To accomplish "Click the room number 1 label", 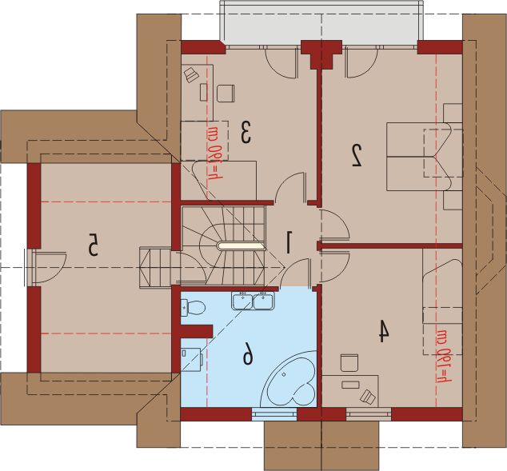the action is [289, 241].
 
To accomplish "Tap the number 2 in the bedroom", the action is [357, 155].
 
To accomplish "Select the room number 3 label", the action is [246, 132].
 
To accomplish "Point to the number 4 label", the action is [384, 331].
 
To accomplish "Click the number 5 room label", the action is [93, 245].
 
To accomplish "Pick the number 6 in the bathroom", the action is [248, 353].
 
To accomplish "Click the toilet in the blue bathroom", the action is [193, 307].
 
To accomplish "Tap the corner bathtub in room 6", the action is [289, 379].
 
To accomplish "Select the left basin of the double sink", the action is [242, 301].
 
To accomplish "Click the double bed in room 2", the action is [424, 157].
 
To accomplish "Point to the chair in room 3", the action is [226, 94].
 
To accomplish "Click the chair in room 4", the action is [349, 363].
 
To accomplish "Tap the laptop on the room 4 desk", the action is [368, 397].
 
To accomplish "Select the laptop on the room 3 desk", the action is [191, 74].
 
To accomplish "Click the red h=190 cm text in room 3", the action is [215, 153].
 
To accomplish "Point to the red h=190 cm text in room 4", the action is [444, 356].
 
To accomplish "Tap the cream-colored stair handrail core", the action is [242, 246].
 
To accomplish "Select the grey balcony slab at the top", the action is [321, 24].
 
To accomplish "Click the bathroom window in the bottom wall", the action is [274, 414].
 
